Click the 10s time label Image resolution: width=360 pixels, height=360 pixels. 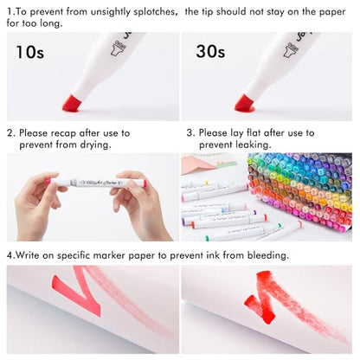tap(30, 52)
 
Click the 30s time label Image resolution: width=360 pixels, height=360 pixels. tap(210, 52)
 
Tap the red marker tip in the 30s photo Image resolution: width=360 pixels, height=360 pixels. tap(245, 103)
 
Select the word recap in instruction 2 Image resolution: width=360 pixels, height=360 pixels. tap(63, 133)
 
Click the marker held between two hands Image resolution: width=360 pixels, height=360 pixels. tap(98, 183)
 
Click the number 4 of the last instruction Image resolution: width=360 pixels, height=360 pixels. tap(10, 255)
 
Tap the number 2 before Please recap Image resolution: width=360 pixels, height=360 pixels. tap(10, 133)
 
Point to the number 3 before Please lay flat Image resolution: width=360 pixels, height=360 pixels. tap(190, 133)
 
